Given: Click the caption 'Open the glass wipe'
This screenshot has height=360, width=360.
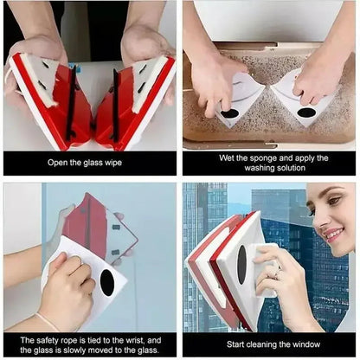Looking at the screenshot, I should [x=90, y=163].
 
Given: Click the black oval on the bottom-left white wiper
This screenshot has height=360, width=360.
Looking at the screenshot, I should [x=106, y=282].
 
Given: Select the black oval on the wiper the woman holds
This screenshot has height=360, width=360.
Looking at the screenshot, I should [x=242, y=264].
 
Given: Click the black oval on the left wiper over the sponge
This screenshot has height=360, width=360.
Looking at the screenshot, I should [x=231, y=113].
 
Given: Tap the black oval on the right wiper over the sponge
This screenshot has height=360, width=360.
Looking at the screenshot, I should [x=305, y=112].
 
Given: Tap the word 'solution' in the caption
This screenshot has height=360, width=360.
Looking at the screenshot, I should [x=286, y=170].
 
